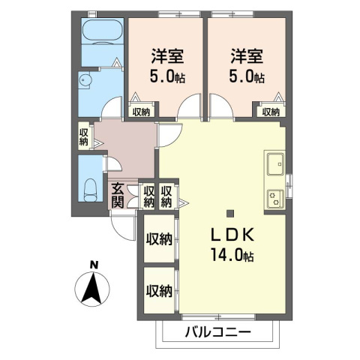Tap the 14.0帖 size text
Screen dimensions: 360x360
[232, 255]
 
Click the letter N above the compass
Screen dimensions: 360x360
[93, 263]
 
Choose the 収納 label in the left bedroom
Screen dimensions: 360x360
[140, 112]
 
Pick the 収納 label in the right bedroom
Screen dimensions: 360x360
[271, 112]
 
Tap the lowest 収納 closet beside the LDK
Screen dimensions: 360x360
[159, 290]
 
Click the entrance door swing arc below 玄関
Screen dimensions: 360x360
[120, 222]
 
